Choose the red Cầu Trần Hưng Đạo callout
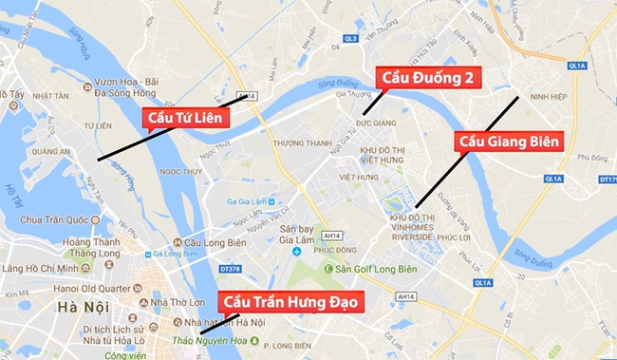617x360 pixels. click(289, 302)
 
